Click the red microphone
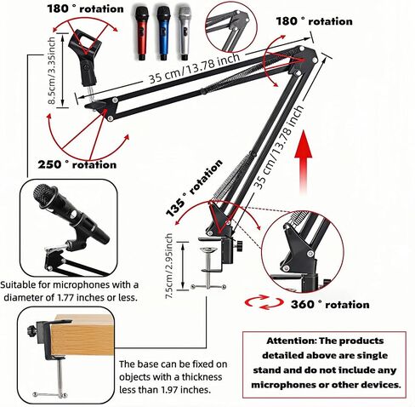(141, 33)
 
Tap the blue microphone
(162, 33)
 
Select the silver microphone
(185, 33)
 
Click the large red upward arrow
(304, 163)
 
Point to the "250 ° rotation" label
(77, 164)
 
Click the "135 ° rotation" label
(194, 187)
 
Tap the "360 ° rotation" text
(330, 304)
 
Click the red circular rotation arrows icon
(264, 302)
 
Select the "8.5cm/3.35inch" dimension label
(52, 71)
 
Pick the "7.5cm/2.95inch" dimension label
(169, 266)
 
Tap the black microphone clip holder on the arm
(86, 59)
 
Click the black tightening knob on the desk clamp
(240, 245)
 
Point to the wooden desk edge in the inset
(82, 335)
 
